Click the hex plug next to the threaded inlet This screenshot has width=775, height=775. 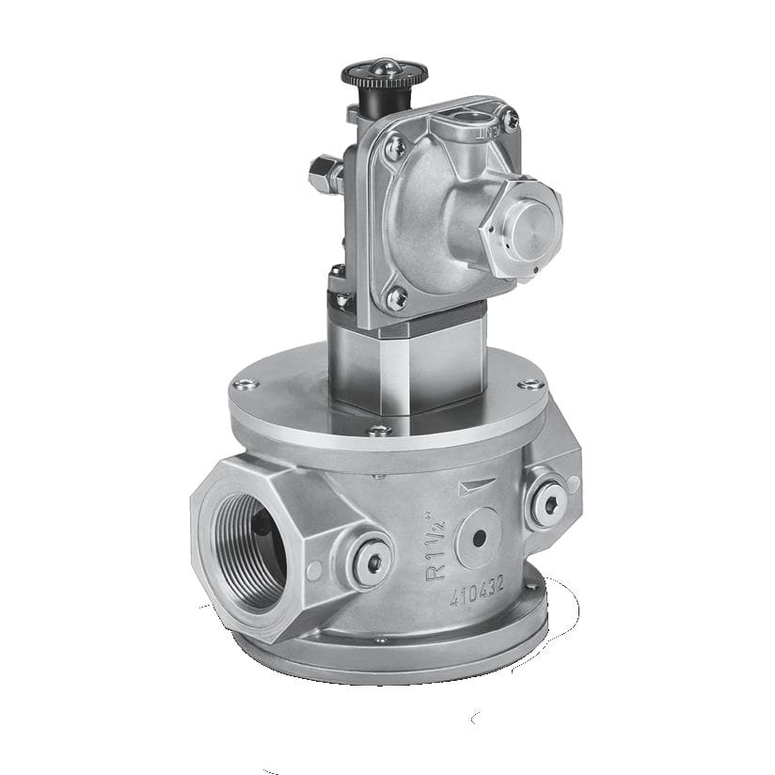coord(371,562)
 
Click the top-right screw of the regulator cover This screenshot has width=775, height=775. coord(511,119)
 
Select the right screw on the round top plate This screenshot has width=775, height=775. coord(529,383)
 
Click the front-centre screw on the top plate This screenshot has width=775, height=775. coord(379,430)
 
